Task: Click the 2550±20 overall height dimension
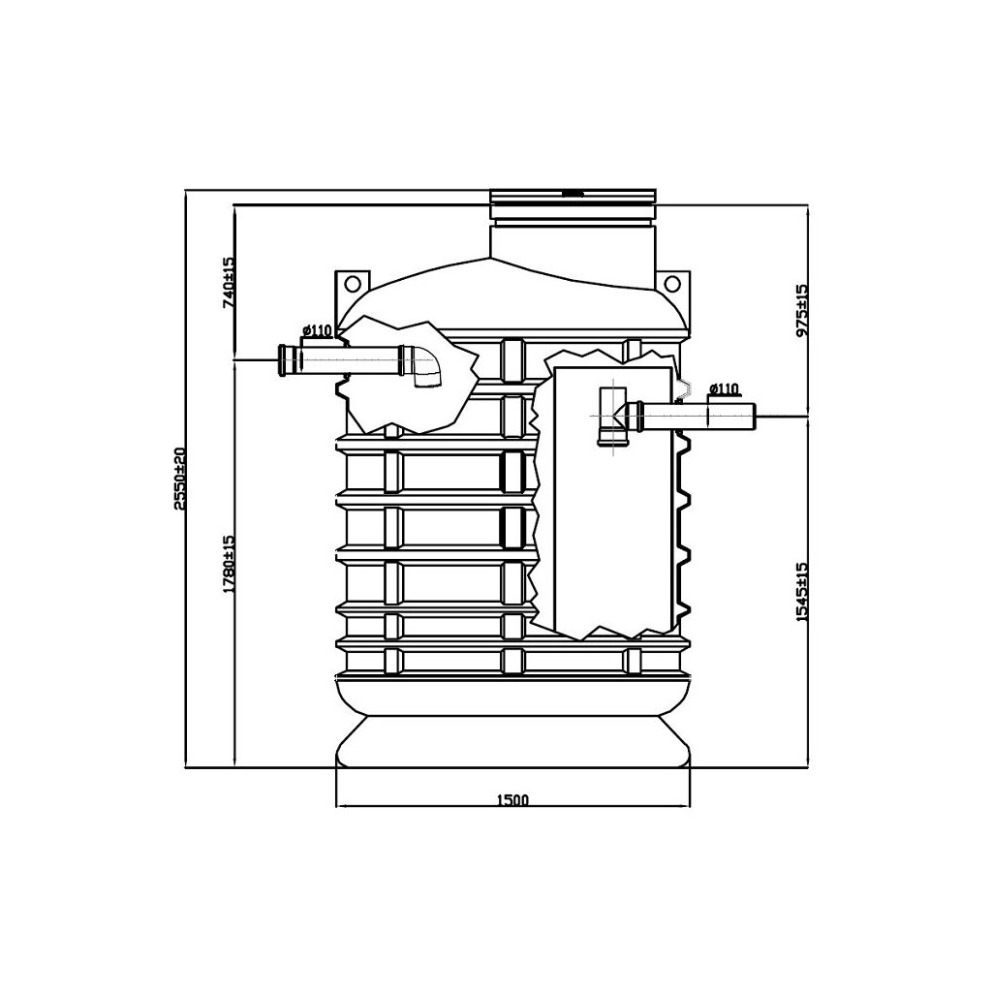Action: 179,479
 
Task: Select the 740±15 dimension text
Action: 229,282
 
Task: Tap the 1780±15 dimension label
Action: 229,564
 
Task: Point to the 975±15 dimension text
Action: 802,311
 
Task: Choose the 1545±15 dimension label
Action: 802,592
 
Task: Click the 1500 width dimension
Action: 511,799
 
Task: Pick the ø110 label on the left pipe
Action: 318,330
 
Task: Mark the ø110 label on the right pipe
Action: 724,388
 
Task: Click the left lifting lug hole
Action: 353,282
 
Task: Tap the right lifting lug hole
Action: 672,282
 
